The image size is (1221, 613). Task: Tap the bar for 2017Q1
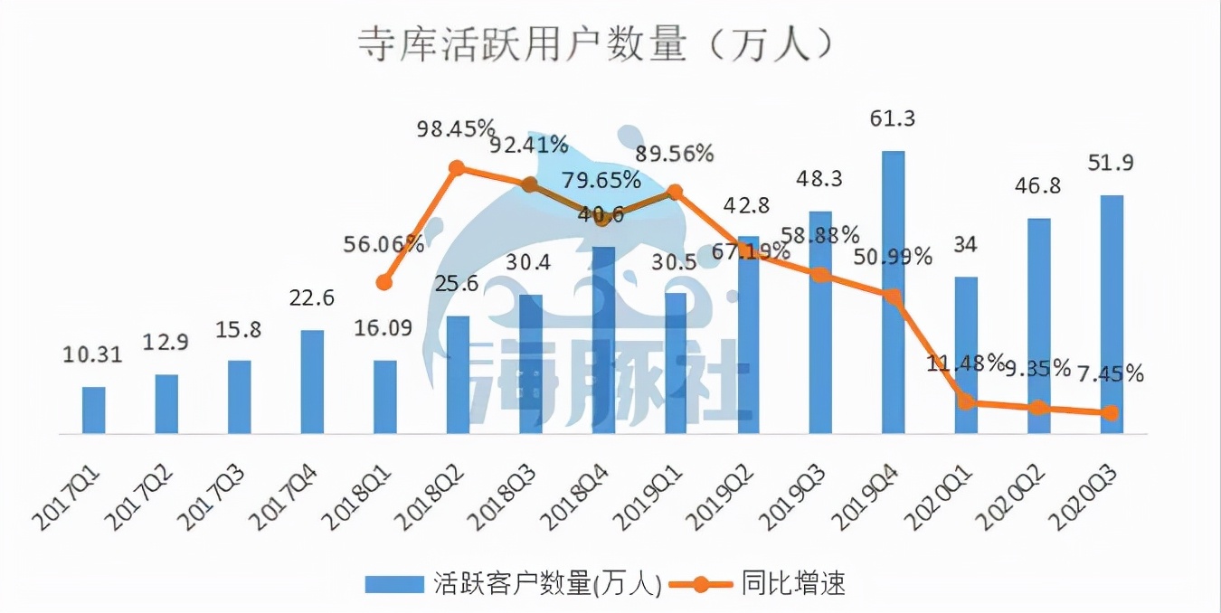pyautogui.click(x=94, y=410)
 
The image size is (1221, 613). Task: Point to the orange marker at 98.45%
pyautogui.click(x=458, y=168)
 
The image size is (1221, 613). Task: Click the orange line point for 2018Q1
pyautogui.click(x=384, y=282)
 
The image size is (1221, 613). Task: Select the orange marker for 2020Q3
pyautogui.click(x=1112, y=413)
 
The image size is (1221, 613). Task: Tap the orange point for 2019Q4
pyautogui.click(x=893, y=297)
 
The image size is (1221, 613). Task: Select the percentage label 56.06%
pyautogui.click(x=384, y=243)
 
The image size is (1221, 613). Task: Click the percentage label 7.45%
pyautogui.click(x=1110, y=373)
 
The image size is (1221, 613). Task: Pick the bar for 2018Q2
pyautogui.click(x=459, y=375)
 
